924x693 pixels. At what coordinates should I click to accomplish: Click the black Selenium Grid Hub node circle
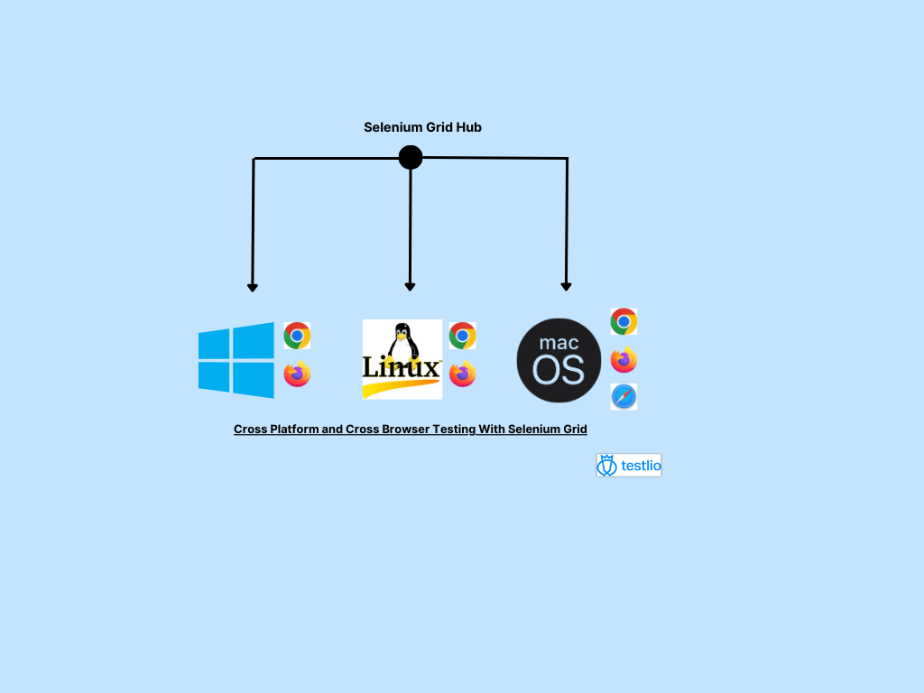pos(411,158)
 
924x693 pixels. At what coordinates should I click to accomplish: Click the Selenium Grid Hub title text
pos(422,127)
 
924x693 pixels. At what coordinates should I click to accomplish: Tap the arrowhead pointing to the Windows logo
pos(253,287)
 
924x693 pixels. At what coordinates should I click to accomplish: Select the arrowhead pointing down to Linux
pos(410,286)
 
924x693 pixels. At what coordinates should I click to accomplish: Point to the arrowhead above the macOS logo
pos(566,286)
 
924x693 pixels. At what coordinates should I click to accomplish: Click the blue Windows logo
pos(236,360)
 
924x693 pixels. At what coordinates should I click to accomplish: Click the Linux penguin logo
pos(402,358)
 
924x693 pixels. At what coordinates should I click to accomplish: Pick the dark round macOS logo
pos(559,360)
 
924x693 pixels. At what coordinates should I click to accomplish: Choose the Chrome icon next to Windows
pos(297,336)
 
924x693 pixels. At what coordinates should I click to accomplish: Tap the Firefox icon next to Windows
pos(297,374)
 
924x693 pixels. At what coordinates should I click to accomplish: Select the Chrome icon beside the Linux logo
pos(462,336)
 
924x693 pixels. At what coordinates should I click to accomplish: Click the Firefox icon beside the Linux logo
pos(462,374)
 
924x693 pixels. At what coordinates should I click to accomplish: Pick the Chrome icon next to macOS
pos(624,321)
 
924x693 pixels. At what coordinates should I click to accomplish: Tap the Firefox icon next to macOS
pos(624,360)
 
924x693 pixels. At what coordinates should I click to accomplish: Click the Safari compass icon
pos(624,396)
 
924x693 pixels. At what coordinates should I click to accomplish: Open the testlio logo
pos(629,466)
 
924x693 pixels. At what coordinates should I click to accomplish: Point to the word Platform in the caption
pos(293,430)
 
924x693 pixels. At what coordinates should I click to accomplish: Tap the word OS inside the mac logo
pos(559,370)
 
